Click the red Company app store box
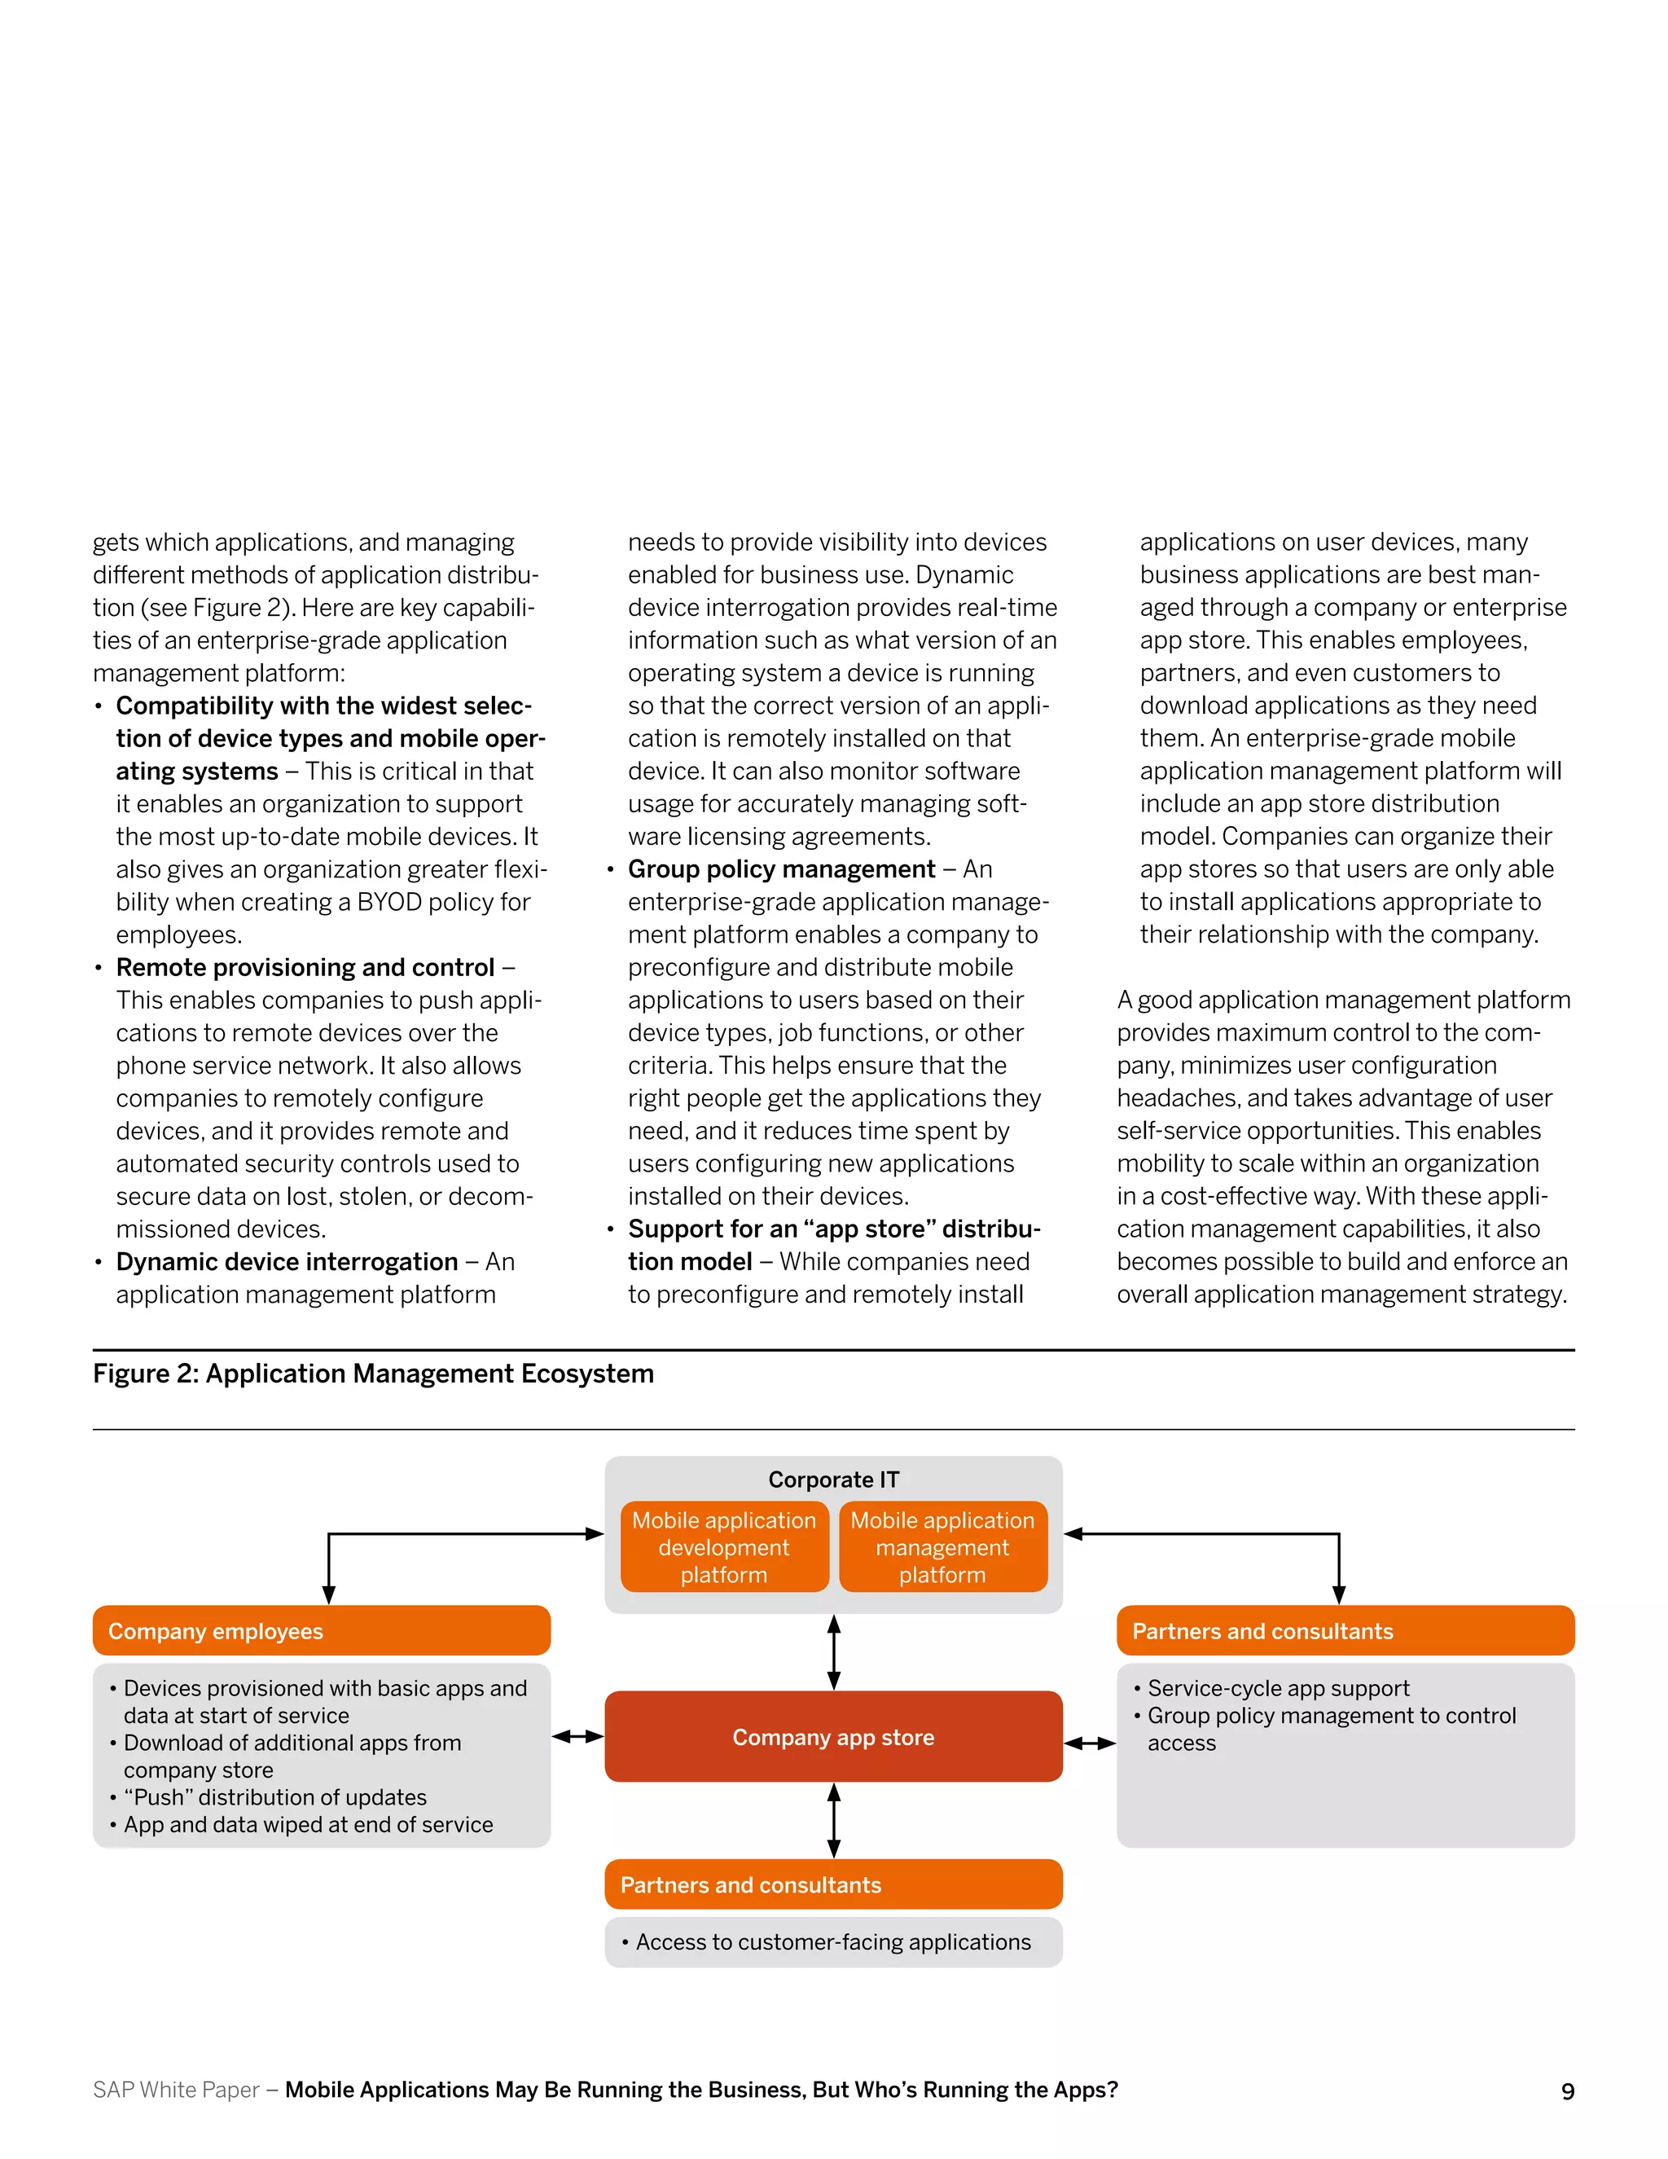833,1737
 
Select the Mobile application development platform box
724,1547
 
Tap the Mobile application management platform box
942,1547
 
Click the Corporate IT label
833,1480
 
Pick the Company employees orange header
321,1631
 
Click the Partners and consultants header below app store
833,1885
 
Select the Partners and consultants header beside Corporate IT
1345,1631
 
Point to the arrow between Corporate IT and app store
834,1652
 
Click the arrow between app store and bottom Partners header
834,1821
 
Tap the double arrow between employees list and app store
578,1736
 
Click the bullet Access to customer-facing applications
833,1942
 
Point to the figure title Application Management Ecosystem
374,1374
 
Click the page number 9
1567,2091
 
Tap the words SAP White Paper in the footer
176,2090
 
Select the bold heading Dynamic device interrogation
287,1261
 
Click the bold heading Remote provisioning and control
305,967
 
